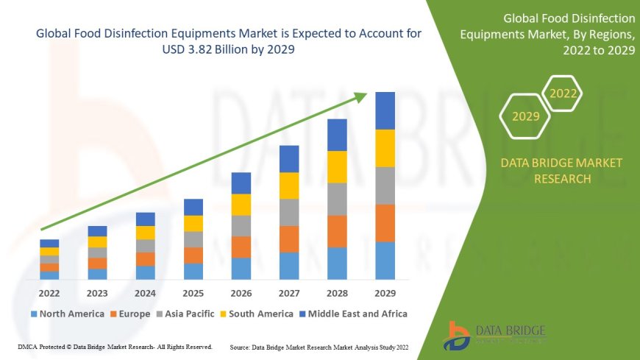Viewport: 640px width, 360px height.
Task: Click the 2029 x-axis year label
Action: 385,292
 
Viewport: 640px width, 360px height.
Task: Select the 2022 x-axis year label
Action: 49,292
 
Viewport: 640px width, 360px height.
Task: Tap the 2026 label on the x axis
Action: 241,292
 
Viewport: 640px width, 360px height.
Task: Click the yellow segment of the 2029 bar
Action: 385,148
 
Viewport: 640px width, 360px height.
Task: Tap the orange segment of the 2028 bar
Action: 337,231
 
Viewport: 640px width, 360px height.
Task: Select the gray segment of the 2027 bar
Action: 289,212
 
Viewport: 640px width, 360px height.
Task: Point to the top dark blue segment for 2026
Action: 241,183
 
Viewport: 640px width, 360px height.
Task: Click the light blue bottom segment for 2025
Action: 193,272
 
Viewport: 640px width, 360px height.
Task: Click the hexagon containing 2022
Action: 563,93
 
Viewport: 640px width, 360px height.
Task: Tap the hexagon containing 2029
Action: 525,116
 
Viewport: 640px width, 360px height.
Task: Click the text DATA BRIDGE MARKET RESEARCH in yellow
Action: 561,170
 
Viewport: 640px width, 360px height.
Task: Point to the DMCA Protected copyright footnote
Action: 113,346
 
